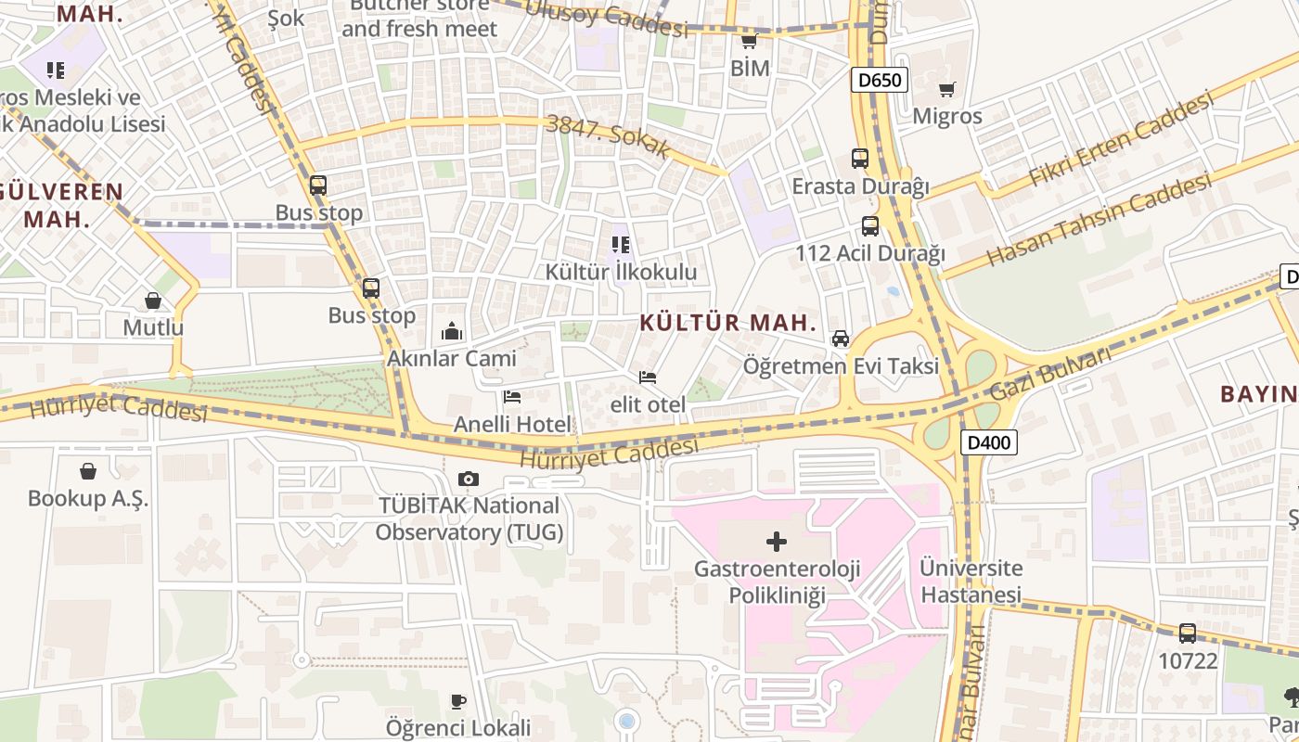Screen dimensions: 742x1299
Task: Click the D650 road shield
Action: pos(879,80)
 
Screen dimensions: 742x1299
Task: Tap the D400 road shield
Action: pos(987,443)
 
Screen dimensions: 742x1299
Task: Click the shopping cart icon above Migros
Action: pos(946,90)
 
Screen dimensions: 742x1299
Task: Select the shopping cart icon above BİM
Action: pos(750,41)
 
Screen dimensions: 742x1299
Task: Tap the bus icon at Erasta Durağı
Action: pos(859,159)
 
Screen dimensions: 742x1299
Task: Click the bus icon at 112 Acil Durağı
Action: pos(869,226)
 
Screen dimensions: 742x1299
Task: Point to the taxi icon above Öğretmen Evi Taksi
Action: pos(841,339)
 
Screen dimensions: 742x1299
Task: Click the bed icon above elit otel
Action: pos(648,377)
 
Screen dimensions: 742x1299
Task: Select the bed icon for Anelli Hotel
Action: pos(511,397)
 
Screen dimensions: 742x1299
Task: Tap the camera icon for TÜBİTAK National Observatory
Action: pos(469,480)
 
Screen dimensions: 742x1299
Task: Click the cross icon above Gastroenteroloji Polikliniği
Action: pos(777,541)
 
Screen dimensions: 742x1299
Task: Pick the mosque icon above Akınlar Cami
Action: pos(452,330)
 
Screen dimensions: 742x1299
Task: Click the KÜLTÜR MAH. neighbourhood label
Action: pos(728,323)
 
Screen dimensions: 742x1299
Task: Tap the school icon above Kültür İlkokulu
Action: pos(621,245)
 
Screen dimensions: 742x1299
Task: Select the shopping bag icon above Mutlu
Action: pos(153,301)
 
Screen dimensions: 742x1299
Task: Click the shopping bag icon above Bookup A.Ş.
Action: pos(88,471)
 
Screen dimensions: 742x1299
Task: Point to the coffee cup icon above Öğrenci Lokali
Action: pos(457,700)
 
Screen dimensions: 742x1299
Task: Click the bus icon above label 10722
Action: pos(1187,633)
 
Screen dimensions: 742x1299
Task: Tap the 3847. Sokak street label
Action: pos(608,137)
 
